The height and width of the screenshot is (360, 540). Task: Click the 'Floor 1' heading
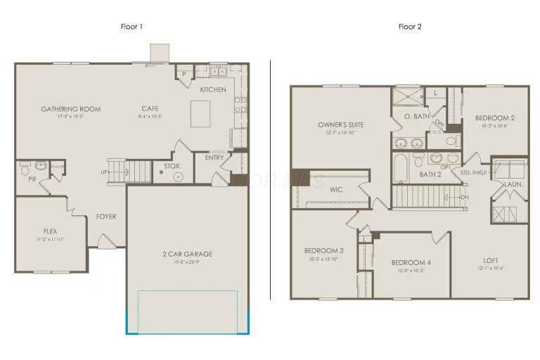(131, 27)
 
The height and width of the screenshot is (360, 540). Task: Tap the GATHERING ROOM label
(70, 109)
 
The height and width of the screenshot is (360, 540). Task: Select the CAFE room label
(150, 108)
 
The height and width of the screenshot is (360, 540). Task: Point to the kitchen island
(200, 113)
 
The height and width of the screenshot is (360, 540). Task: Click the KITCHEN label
(213, 89)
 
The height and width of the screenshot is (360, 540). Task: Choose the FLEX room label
(49, 231)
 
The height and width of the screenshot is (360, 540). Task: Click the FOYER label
(106, 216)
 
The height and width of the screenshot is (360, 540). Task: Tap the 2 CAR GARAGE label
(186, 254)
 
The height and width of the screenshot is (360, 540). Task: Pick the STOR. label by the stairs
(172, 166)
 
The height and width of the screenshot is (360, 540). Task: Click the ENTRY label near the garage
(214, 157)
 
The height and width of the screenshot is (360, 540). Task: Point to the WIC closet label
(335, 189)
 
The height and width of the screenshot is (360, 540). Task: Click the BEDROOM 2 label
(494, 117)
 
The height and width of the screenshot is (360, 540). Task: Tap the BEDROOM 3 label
(323, 250)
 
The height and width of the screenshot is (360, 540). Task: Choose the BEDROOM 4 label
(411, 262)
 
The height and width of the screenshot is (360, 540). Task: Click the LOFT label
(491, 259)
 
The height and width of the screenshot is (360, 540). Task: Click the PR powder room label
(32, 179)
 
